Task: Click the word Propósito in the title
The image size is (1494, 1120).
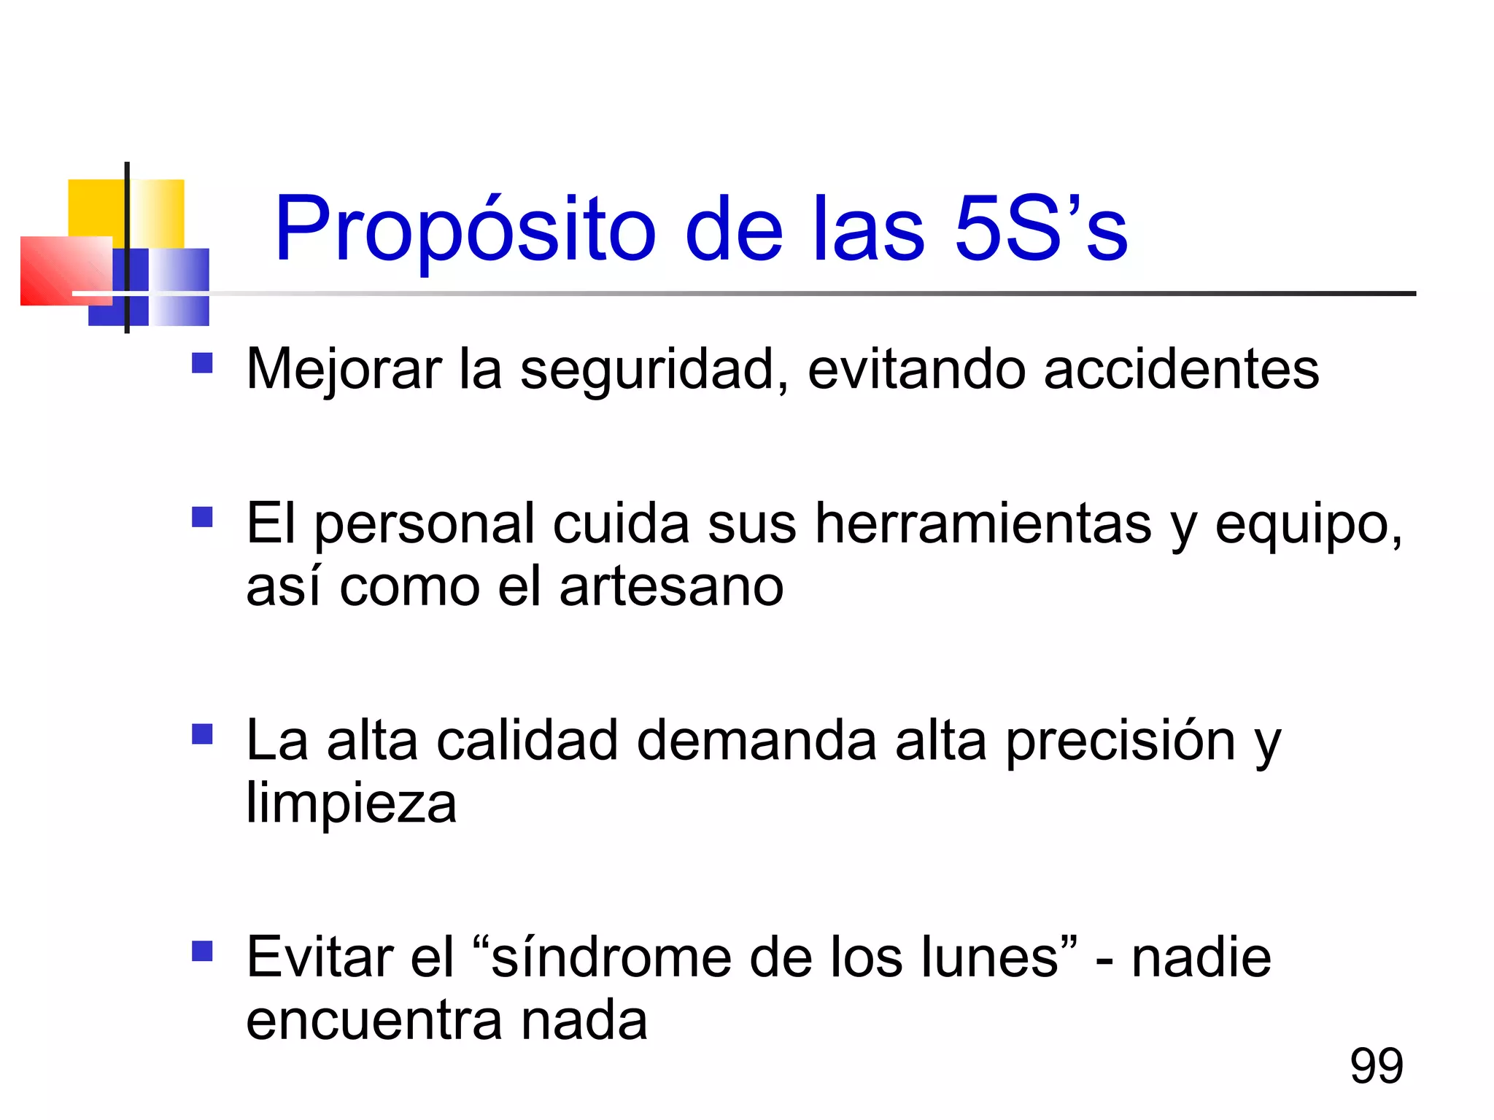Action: pyautogui.click(x=465, y=230)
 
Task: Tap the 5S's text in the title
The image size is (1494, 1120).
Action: pyautogui.click(x=1041, y=230)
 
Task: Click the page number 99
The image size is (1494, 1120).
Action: pyautogui.click(x=1377, y=1065)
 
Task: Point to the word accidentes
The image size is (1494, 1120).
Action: pyautogui.click(x=1181, y=370)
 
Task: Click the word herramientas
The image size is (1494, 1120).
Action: pyautogui.click(x=983, y=524)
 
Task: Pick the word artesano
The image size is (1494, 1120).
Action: pyautogui.click(x=671, y=586)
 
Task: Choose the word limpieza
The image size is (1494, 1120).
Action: pyautogui.click(x=351, y=804)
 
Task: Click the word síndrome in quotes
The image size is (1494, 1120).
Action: pyautogui.click(x=611, y=957)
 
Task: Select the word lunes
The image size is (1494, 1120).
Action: pyautogui.click(x=990, y=957)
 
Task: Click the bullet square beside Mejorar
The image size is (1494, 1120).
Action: pyautogui.click(x=202, y=363)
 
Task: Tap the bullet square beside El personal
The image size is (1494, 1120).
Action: pyautogui.click(x=202, y=517)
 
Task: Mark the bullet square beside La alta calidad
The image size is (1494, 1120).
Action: pyautogui.click(x=202, y=734)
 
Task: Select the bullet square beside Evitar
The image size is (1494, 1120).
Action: pyautogui.click(x=202, y=951)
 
